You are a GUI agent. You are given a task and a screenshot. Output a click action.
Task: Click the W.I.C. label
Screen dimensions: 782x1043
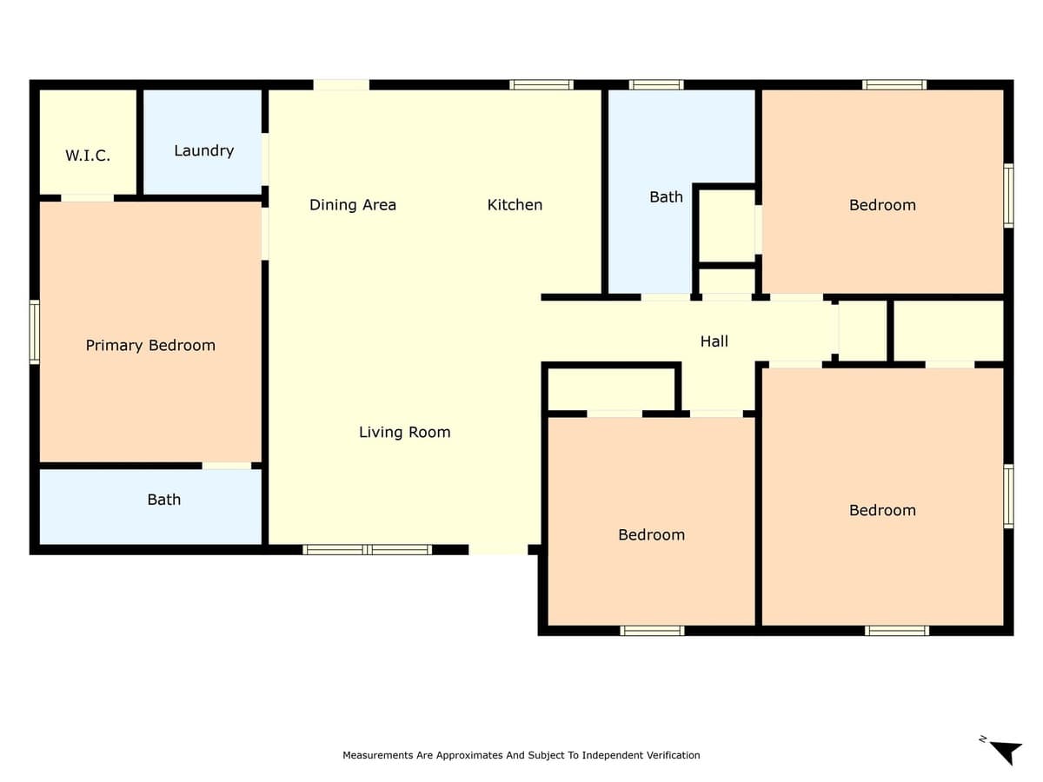coord(88,156)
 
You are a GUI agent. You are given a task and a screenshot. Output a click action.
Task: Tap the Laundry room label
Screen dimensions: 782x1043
coord(203,150)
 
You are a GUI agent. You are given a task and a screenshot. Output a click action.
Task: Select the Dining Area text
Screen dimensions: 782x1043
coord(353,205)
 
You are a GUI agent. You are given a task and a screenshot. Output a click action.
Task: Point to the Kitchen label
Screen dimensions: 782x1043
coord(515,205)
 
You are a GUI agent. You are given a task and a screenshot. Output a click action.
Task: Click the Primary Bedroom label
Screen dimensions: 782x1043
coord(150,346)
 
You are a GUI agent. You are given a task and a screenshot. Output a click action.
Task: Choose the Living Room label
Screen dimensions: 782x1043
coord(404,432)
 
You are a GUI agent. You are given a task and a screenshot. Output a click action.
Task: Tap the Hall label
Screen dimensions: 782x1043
coord(714,341)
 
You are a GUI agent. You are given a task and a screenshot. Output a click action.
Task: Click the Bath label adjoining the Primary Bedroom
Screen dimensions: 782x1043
coord(163,500)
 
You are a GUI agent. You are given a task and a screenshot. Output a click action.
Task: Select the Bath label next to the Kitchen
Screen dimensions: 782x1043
coord(666,197)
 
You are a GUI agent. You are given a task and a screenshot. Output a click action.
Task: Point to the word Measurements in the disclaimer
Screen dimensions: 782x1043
coord(378,756)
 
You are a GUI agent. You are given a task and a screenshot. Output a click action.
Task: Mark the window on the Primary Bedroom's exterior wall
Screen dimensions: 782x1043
coord(35,331)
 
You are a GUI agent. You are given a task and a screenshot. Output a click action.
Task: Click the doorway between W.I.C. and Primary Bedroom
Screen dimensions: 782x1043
coord(87,198)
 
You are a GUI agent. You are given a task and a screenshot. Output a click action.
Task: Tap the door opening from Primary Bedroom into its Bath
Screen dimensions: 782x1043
coord(227,466)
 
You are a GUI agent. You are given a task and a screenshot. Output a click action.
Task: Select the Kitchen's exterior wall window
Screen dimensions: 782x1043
coord(541,85)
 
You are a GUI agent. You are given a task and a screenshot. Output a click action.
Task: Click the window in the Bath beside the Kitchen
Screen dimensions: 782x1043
coord(656,85)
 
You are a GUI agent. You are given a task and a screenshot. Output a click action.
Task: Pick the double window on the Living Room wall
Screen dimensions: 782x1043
coord(367,549)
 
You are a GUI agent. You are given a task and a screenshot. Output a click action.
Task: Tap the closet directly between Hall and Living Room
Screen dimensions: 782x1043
coord(611,388)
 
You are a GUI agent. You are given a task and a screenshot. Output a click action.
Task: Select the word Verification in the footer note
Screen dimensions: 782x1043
coord(672,756)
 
